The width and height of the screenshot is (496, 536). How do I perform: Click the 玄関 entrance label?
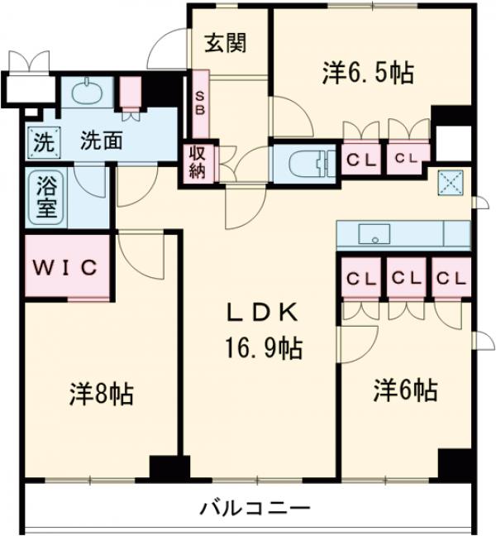pyautogui.click(x=226, y=43)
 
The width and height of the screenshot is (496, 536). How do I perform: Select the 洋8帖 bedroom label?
pyautogui.click(x=101, y=394)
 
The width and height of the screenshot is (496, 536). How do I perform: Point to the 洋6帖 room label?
pyautogui.click(x=405, y=389)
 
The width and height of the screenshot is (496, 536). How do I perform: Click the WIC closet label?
pyautogui.click(x=65, y=267)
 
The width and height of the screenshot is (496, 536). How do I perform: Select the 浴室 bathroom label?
pyautogui.click(x=46, y=196)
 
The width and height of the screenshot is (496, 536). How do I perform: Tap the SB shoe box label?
pyautogui.click(x=200, y=104)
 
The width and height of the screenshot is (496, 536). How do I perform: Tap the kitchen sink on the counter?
pyautogui.click(x=374, y=234)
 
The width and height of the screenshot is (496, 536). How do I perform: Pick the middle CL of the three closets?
pyautogui.click(x=405, y=278)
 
